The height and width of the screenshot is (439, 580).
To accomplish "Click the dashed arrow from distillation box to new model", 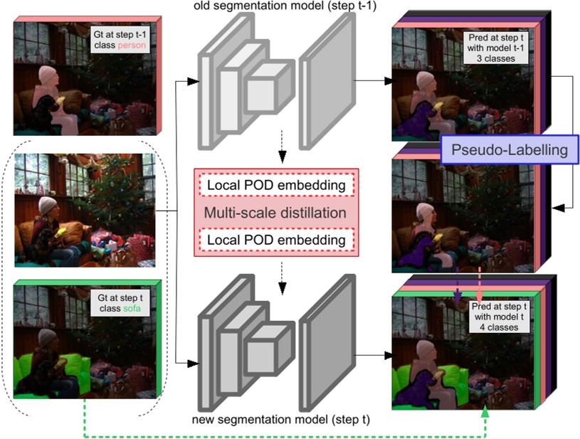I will tap(283, 285).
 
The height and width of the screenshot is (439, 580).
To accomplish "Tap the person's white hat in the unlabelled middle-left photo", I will tap(47, 206).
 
